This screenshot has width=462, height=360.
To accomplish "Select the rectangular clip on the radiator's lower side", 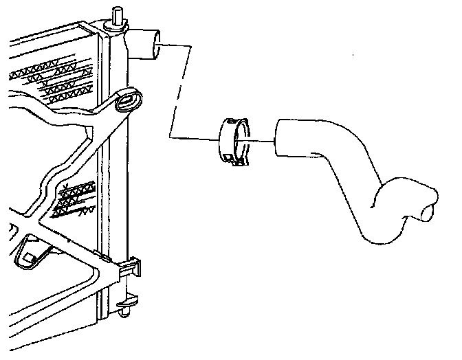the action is pyautogui.click(x=131, y=265).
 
